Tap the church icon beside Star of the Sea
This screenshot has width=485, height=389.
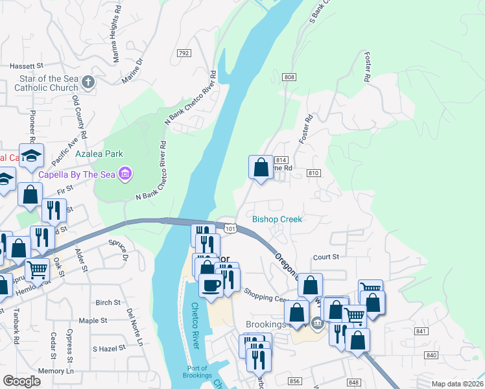click(89, 82)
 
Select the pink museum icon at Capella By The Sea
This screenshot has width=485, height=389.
click(126, 174)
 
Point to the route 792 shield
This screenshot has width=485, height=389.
click(183, 53)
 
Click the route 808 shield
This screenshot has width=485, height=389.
click(289, 77)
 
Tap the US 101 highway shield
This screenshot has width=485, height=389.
click(230, 228)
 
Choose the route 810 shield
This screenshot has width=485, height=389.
click(314, 173)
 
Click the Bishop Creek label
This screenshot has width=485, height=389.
click(277, 219)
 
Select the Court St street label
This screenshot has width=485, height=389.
click(326, 257)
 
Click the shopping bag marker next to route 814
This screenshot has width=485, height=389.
click(261, 167)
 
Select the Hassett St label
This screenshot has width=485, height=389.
click(26, 66)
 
